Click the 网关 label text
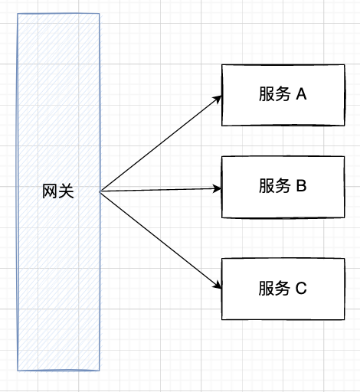58,191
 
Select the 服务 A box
283,95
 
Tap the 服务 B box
283,187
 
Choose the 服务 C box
283,289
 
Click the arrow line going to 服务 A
161,143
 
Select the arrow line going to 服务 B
161,190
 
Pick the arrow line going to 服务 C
161,240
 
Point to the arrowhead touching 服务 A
218,99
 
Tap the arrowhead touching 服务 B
218,188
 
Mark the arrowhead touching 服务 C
218,286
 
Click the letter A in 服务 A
301,94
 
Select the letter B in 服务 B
302,185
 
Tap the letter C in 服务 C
301,288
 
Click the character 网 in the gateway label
50,191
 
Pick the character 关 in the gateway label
66,191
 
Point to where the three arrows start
100,191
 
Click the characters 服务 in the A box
275,94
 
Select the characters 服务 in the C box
274,288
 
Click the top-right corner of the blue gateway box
100,14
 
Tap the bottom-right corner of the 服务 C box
345,319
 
